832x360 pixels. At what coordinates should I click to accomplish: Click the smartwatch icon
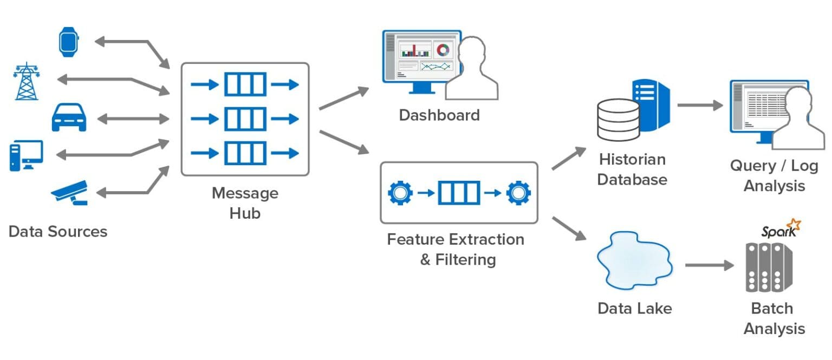pos(69,42)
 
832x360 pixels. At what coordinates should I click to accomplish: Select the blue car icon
pos(69,117)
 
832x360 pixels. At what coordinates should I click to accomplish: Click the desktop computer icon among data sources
pos(25,155)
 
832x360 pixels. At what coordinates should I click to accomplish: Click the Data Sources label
pos(58,232)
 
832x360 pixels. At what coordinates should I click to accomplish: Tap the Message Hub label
pos(245,203)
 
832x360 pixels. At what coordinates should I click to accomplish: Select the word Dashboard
pos(439,115)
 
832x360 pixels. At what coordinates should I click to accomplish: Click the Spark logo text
pos(778,232)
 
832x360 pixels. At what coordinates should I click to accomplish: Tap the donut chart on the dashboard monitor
pos(444,50)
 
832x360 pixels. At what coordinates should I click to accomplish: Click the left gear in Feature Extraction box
pos(400,192)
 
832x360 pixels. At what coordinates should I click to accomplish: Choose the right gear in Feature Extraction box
pos(518,192)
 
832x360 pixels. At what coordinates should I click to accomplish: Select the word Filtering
pos(466,260)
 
